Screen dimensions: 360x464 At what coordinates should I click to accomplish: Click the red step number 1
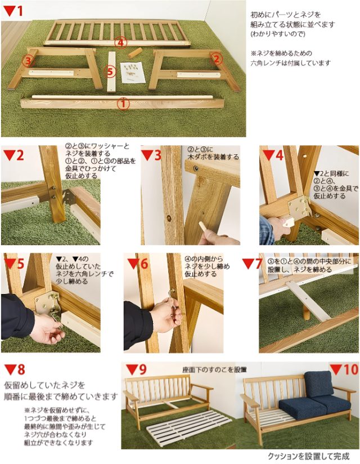19,11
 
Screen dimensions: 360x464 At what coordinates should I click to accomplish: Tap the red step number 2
20,155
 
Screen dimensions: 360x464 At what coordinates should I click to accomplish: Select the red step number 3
157,155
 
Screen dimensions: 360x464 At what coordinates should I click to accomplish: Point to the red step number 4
280,155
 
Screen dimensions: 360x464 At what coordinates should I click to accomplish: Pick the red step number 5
20,264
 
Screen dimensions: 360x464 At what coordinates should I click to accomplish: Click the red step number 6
144,264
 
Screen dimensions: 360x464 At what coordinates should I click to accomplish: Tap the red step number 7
258,264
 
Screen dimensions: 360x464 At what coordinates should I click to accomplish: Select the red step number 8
21,369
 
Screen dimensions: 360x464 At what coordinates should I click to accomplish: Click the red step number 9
142,369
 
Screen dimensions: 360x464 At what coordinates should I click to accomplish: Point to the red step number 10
351,369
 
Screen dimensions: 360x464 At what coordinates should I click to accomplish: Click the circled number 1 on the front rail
123,104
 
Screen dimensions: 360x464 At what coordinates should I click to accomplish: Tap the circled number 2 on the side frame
217,59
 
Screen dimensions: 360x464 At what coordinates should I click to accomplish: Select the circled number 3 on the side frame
28,61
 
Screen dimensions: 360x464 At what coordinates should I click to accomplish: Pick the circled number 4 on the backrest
120,43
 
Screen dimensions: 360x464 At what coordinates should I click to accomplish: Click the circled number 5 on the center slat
110,72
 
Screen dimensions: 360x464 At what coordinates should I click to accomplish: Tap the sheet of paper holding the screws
133,72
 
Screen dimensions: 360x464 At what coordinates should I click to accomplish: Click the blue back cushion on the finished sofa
318,383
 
